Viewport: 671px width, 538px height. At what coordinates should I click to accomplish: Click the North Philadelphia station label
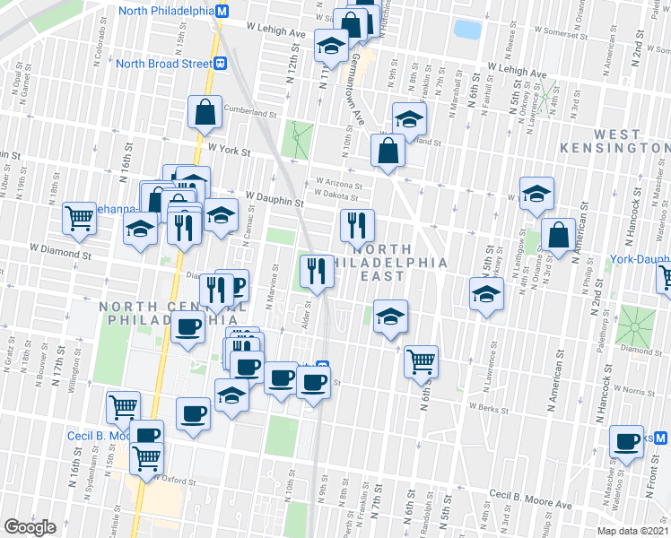(x=167, y=12)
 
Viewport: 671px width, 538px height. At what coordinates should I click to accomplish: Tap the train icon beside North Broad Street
(x=219, y=64)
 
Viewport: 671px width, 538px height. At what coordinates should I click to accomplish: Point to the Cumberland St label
(x=251, y=114)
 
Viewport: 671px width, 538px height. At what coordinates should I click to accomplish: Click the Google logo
(x=30, y=526)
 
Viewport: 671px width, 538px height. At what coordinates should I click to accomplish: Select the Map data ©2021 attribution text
(x=632, y=531)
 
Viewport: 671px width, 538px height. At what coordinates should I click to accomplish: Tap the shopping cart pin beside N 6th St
(x=421, y=361)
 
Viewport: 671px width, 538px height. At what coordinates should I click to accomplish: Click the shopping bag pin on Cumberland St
(x=205, y=113)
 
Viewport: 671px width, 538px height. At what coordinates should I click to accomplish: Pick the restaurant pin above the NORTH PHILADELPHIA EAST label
(x=357, y=224)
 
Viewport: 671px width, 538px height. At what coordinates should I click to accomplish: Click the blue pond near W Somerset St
(x=467, y=30)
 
